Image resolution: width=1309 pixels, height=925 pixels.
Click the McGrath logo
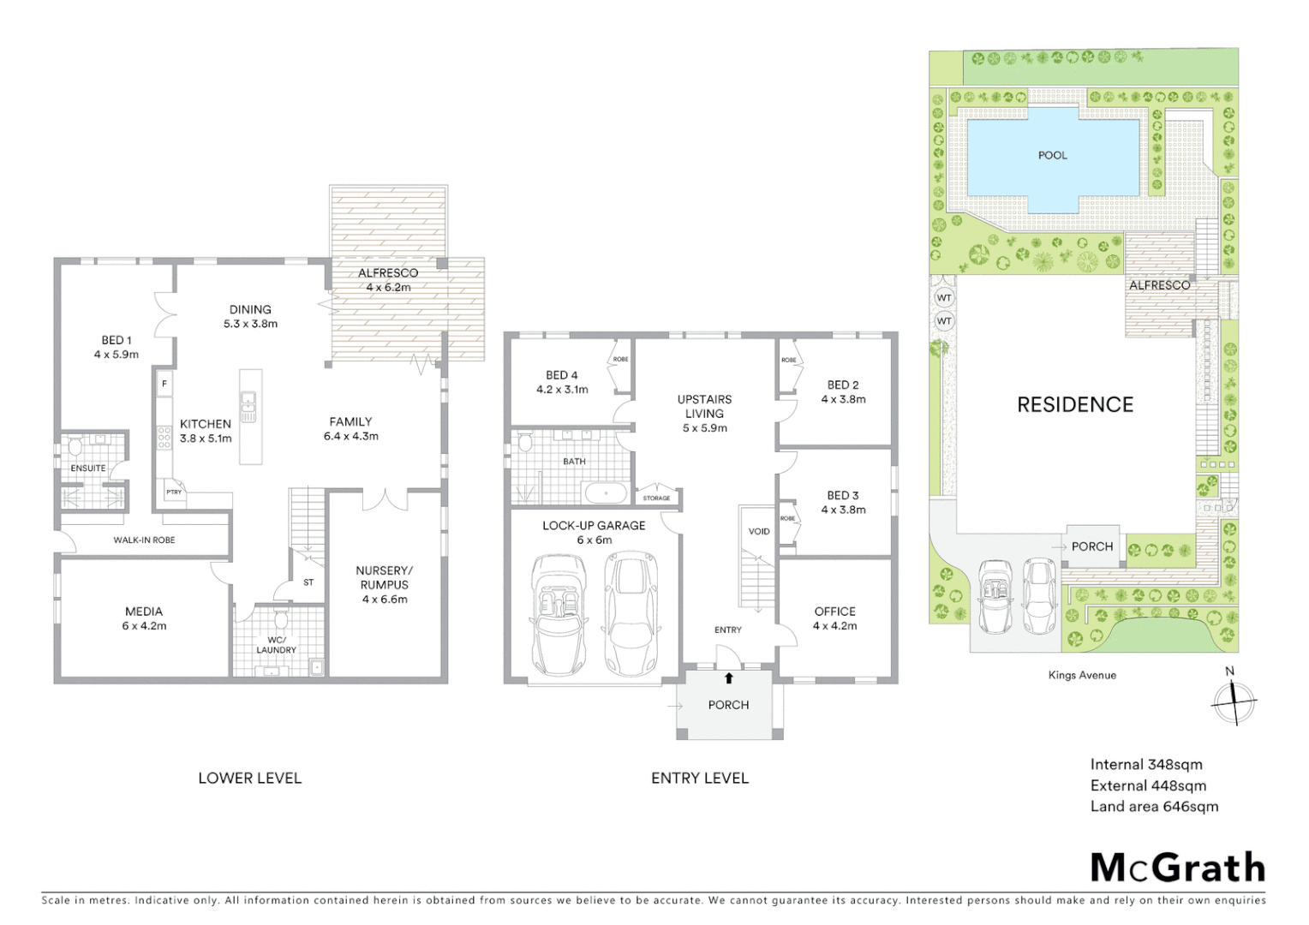pos(1178,868)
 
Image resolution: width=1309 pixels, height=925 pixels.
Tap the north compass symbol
pos(1234,701)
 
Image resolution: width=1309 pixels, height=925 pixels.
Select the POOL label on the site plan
pos(1052,155)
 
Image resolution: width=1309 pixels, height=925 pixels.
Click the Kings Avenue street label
pos(1082,675)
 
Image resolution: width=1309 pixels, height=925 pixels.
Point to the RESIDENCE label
pos(1074,404)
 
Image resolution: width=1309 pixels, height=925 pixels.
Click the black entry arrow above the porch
pos(729,678)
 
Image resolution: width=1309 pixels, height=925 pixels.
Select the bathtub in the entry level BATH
pos(605,493)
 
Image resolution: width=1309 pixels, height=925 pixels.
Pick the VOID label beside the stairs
pos(759,531)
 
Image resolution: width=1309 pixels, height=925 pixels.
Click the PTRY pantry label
pos(174,492)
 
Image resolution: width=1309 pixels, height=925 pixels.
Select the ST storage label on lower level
pos(308,582)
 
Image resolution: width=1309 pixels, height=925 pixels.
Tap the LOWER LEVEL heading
pos(249,778)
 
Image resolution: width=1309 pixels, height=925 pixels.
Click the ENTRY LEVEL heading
pos(699,778)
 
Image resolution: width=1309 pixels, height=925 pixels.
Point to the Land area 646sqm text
pos(1153,806)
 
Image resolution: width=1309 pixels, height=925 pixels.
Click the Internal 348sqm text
pos(1145,764)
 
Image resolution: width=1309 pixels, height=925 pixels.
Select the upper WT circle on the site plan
pos(944,298)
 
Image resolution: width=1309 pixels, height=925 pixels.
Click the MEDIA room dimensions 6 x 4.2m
pos(144,626)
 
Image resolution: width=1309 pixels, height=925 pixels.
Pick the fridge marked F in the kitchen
pos(164,385)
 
